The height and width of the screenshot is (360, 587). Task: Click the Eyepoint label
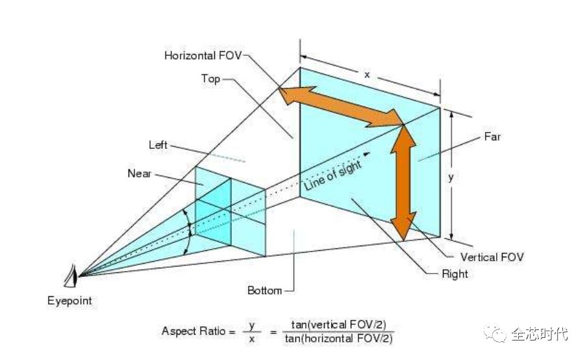[x=69, y=301]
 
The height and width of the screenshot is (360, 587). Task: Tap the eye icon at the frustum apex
[x=71, y=276]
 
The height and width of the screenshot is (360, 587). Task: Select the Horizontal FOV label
[x=203, y=56]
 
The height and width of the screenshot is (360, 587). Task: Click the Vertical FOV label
[x=492, y=257]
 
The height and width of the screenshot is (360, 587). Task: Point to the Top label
[x=210, y=79]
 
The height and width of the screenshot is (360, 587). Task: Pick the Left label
[x=158, y=145]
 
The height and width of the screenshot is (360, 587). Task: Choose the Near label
[x=139, y=174]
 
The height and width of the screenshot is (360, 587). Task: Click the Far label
[x=492, y=136]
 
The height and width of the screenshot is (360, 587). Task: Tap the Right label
[x=455, y=274]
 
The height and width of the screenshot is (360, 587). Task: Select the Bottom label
[x=264, y=290]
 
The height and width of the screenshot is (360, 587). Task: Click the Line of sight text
[x=332, y=175]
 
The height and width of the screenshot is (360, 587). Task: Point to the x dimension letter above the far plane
[x=367, y=75]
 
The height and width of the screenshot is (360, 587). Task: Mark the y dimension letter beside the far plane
[x=451, y=177]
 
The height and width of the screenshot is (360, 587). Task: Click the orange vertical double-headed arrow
[x=403, y=183]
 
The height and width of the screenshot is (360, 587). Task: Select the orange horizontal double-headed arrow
[x=341, y=106]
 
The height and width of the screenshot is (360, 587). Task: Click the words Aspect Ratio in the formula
[x=194, y=331]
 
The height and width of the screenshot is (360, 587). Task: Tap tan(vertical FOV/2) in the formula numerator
[x=338, y=324]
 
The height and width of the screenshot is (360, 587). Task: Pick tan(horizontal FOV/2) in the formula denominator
[x=338, y=339]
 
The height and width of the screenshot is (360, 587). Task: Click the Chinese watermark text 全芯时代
[x=540, y=334]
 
